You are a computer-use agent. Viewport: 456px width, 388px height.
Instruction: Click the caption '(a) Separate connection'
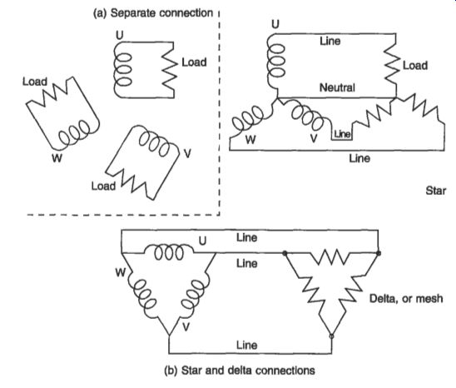tap(153, 13)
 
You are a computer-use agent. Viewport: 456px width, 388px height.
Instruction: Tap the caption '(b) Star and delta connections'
tap(240, 371)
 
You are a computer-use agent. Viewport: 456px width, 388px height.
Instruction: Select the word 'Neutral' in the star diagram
tap(337, 87)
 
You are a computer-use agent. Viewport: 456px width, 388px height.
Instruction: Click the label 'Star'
tap(436, 191)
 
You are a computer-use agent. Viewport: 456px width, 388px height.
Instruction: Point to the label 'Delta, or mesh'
tap(406, 299)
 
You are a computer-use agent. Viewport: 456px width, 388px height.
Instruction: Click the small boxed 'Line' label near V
tap(342, 134)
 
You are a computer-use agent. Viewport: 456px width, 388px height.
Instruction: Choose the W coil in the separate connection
tap(75, 133)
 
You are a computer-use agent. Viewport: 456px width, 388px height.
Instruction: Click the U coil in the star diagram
tap(275, 61)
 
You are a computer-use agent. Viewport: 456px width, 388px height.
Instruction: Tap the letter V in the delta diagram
tap(186, 327)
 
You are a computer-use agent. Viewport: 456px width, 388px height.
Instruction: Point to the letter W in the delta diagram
tap(121, 273)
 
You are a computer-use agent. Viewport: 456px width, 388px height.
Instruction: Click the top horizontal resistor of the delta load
tap(331, 256)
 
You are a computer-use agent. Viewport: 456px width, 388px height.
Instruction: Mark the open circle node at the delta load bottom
tap(331, 336)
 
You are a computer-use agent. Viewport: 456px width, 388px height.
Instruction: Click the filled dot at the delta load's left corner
tap(285, 253)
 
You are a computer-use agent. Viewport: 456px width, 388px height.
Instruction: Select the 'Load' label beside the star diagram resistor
tap(415, 66)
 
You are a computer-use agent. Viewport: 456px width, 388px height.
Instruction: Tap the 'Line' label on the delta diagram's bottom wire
tap(247, 346)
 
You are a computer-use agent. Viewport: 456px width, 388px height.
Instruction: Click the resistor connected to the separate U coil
tap(169, 70)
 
